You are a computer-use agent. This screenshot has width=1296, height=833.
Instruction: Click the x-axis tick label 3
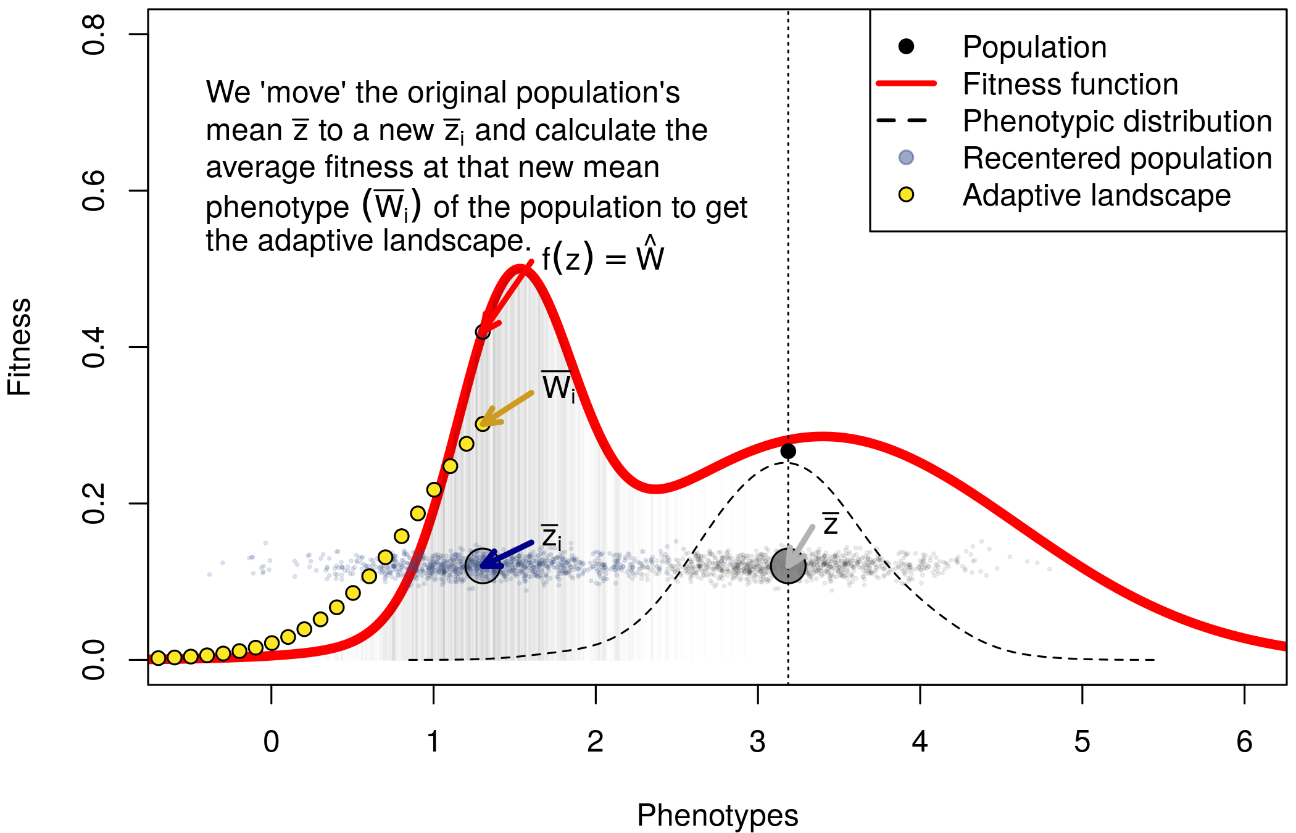click(757, 741)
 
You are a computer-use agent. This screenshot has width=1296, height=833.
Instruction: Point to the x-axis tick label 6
click(1244, 741)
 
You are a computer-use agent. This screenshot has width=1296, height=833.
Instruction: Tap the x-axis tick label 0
click(271, 741)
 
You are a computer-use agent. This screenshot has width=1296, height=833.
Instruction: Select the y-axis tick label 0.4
click(94, 347)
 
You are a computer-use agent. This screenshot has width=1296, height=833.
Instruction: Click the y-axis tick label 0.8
click(94, 35)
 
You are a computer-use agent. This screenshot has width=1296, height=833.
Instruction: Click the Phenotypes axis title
click(717, 816)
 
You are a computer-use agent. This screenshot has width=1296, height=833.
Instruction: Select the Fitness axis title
click(20, 347)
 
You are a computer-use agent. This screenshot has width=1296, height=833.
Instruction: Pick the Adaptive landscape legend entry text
click(1097, 196)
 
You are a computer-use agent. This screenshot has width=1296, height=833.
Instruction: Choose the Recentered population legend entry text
click(1118, 159)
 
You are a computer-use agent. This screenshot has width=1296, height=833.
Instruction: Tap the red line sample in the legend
click(906, 83)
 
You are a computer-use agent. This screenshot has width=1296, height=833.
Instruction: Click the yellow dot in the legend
click(906, 195)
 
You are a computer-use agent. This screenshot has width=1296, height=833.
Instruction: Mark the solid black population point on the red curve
click(788, 451)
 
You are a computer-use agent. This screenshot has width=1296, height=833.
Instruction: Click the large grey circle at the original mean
click(788, 565)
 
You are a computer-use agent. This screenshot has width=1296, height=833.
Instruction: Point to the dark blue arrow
click(506, 555)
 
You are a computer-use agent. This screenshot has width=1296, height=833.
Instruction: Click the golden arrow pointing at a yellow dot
click(507, 408)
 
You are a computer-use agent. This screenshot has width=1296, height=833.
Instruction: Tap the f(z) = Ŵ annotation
click(603, 257)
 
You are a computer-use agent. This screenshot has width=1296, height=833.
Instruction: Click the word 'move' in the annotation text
click(304, 93)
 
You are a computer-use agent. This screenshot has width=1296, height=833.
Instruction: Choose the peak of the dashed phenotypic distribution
click(788, 462)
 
